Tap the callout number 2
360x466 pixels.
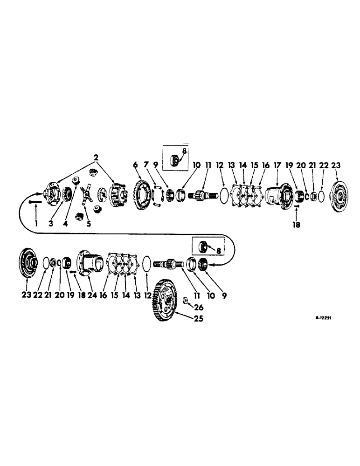[x=96, y=158]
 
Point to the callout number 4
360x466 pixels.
[x=65, y=224]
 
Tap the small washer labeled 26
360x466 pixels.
[x=186, y=300]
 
